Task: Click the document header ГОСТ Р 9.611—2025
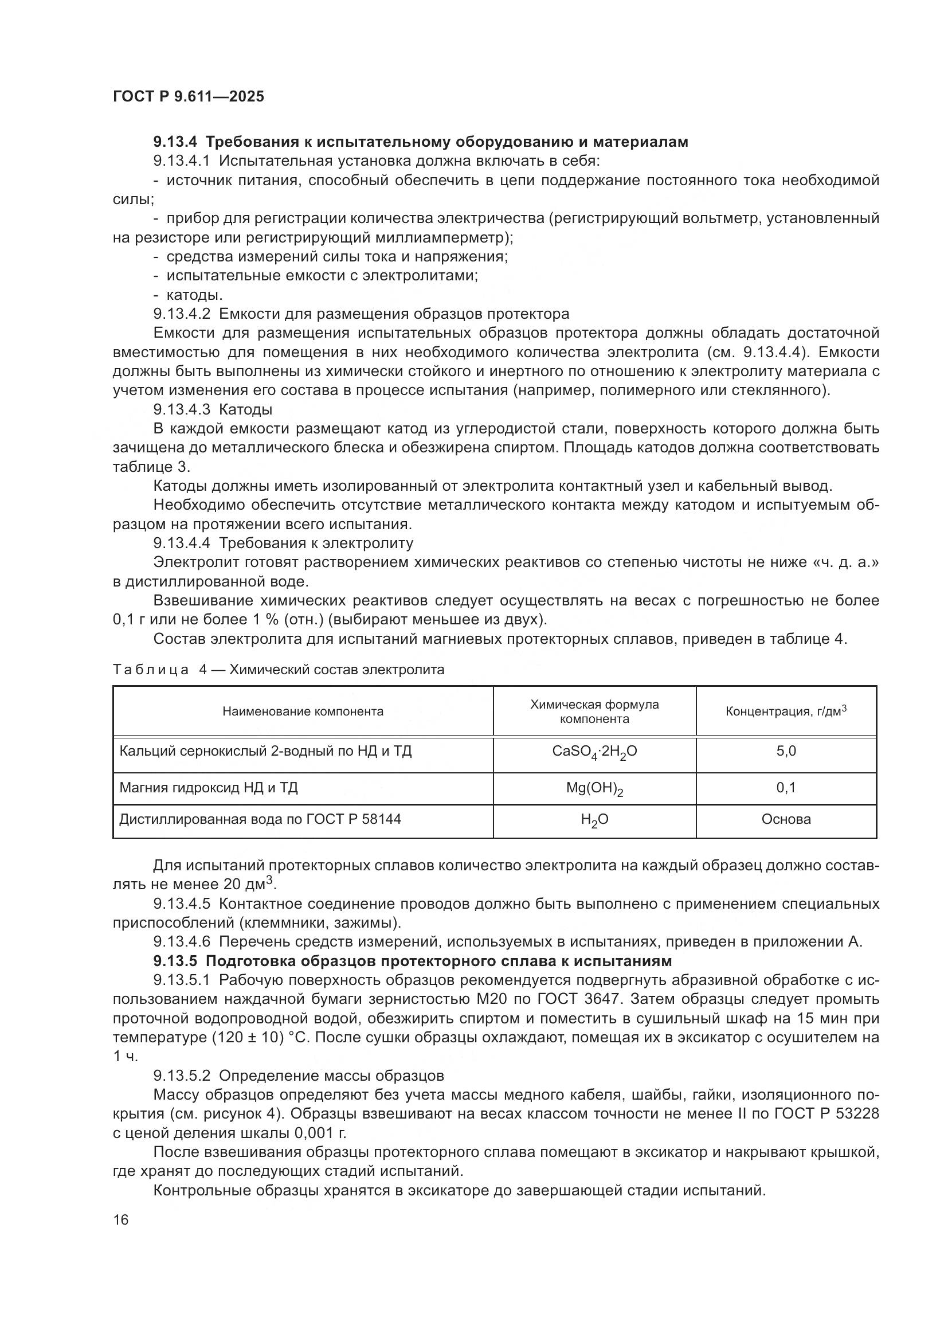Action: tap(188, 96)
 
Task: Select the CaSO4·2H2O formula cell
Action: tap(594, 752)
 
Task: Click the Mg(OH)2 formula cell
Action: tap(594, 788)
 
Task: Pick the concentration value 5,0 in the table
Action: tap(786, 751)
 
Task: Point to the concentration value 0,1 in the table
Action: tap(786, 788)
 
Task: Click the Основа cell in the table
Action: tap(786, 819)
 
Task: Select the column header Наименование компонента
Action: tap(303, 711)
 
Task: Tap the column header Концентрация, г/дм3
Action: tap(786, 711)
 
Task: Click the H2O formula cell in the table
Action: tap(594, 820)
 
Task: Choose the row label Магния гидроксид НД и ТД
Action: tap(209, 788)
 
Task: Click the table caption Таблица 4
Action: tap(159, 669)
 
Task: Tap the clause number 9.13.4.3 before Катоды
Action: tap(182, 409)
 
